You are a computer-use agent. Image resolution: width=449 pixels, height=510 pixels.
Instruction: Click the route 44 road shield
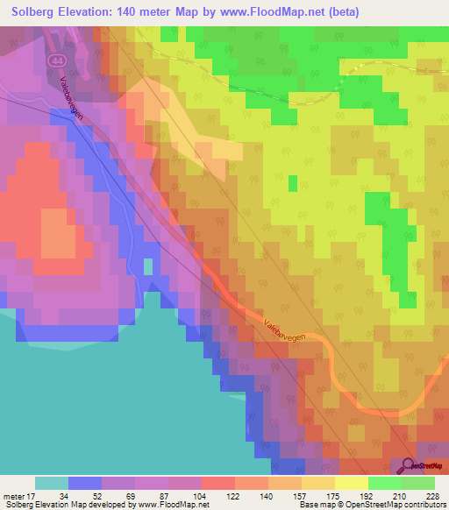56,60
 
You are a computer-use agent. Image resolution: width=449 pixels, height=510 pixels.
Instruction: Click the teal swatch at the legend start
51,483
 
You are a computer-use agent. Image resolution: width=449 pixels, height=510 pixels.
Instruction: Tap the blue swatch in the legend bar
84,483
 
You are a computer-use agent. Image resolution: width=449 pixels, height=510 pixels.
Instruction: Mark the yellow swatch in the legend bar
351,483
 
